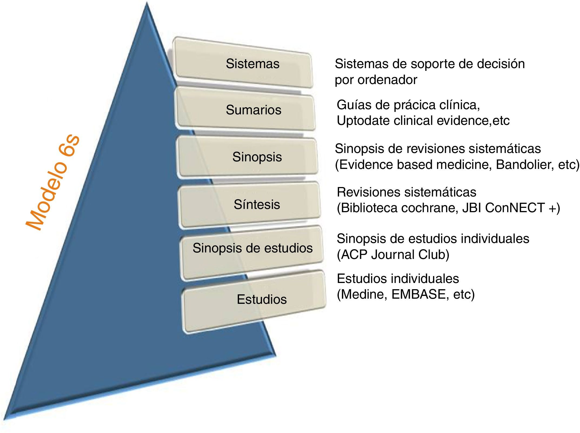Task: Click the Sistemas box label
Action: click(x=253, y=64)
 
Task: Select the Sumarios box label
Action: click(x=253, y=110)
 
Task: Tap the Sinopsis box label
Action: click(x=257, y=157)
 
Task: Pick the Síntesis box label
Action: click(x=257, y=204)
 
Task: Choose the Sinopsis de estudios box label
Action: click(x=252, y=248)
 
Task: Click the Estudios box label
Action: click(x=261, y=299)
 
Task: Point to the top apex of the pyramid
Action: click(x=147, y=3)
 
